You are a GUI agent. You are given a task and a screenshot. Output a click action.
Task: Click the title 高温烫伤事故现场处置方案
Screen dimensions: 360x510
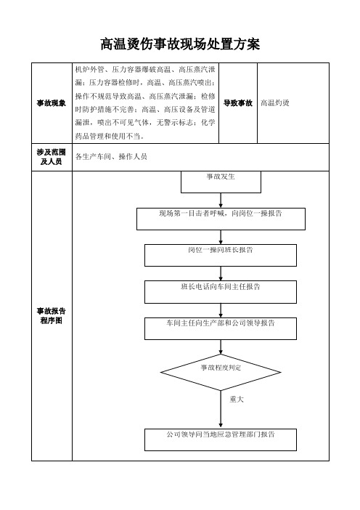180,44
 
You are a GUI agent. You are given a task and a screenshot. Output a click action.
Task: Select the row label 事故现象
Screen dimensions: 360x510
52,103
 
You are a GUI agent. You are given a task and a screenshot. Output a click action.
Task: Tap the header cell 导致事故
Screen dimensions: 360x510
238,103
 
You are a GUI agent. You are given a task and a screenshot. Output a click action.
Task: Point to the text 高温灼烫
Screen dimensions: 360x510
275,103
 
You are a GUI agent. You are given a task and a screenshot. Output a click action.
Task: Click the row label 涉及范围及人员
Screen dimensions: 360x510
52,157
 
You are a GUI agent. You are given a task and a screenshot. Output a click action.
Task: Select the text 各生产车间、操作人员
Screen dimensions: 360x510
111,157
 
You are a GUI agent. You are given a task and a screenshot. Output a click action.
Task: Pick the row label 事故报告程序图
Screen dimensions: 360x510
52,315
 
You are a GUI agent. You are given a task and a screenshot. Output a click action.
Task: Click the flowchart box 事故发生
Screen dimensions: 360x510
221,182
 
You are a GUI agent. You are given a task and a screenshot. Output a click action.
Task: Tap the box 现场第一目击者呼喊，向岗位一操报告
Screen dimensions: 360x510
221,219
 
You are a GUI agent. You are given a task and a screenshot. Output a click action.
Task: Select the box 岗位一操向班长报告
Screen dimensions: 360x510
221,255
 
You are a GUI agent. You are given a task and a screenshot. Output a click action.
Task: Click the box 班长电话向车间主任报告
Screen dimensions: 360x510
221,292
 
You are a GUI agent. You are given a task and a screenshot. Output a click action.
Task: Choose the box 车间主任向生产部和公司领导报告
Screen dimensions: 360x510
221,328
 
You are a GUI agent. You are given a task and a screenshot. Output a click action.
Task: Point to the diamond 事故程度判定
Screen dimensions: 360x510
221,373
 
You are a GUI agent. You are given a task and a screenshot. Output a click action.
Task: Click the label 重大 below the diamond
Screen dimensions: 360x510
237,399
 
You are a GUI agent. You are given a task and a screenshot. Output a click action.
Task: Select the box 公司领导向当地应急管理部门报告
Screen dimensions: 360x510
221,440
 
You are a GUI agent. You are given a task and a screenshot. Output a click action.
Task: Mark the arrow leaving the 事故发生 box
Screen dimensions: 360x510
221,201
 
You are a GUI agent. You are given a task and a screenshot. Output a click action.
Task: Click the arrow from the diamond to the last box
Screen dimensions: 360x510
221,409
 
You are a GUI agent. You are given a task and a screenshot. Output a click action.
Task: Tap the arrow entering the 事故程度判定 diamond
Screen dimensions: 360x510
221,347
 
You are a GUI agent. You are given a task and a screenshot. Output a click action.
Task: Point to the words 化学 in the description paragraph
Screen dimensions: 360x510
208,123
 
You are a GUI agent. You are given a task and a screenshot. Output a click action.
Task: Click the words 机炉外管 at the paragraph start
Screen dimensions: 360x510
90,69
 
